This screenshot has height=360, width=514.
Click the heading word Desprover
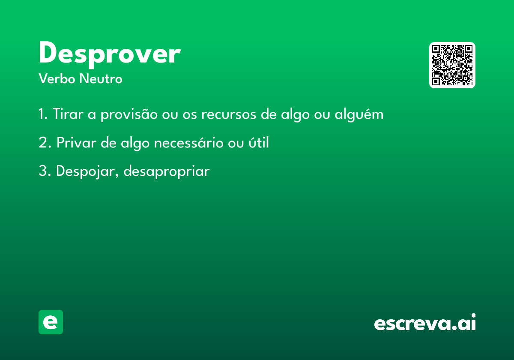(110, 54)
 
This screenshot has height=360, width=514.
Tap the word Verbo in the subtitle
(57, 78)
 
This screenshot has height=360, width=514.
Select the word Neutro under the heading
(101, 78)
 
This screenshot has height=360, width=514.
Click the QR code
(452, 65)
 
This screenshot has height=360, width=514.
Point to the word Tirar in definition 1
(68, 114)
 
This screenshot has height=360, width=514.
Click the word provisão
(129, 114)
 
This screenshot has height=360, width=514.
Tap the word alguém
(359, 114)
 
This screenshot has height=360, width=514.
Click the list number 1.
(43, 114)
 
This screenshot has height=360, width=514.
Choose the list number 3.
(45, 171)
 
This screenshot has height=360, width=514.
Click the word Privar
(76, 142)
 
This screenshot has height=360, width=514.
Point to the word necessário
(188, 142)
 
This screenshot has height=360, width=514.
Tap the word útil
(259, 142)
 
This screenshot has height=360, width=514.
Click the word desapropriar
(167, 171)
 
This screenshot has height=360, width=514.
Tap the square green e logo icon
(51, 322)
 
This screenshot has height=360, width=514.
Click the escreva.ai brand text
(425, 322)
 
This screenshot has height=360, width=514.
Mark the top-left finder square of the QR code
(436, 49)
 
